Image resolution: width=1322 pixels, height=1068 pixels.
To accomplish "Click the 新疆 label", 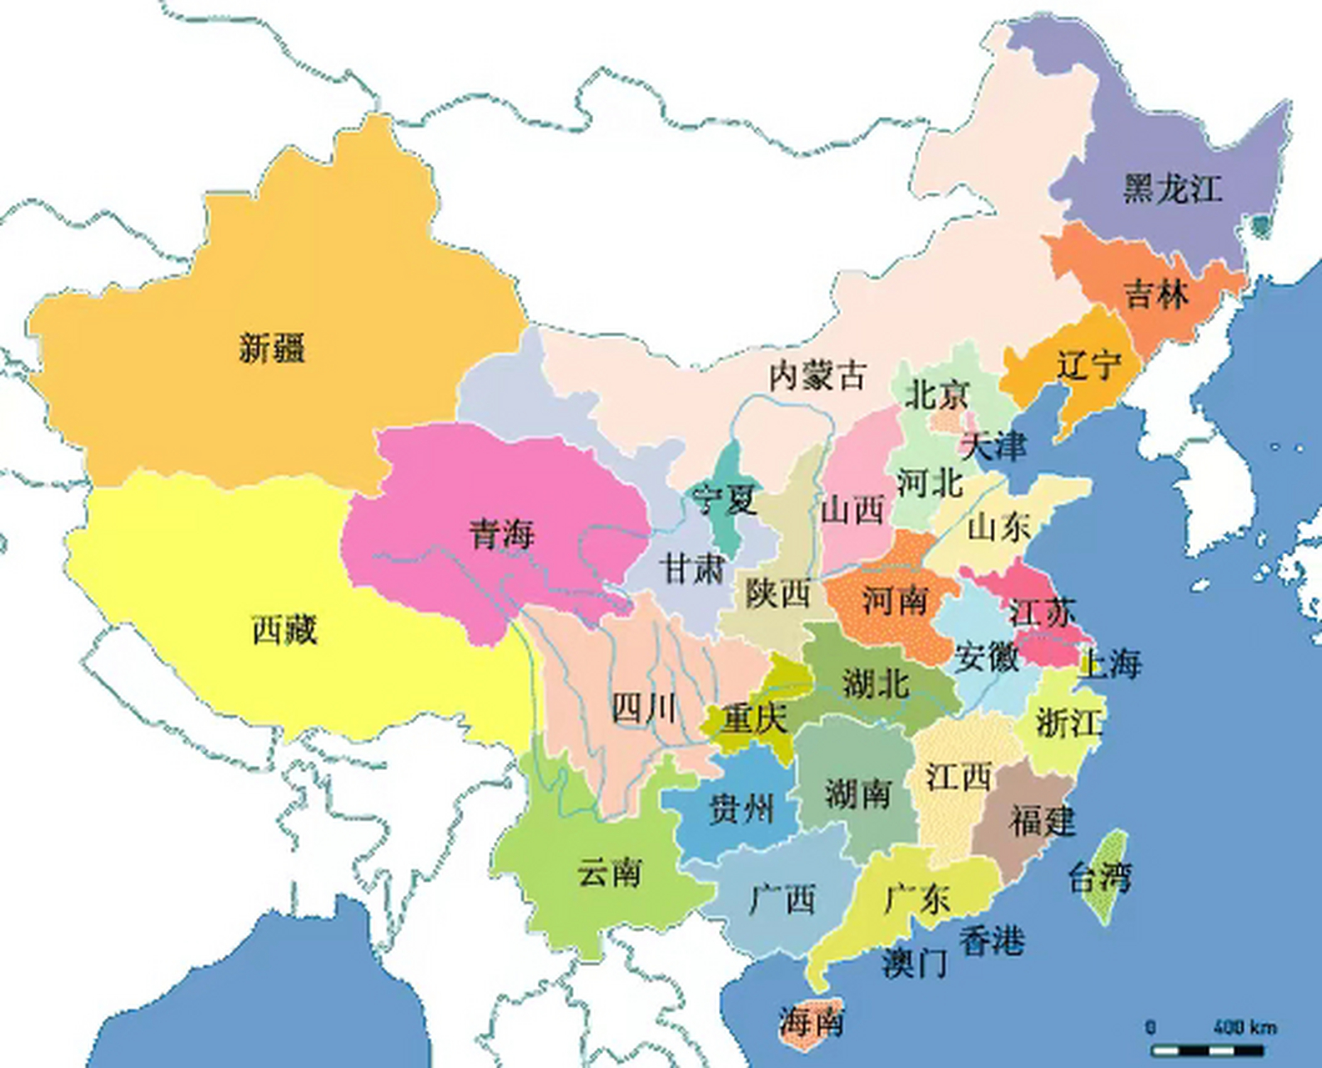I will tap(272, 347).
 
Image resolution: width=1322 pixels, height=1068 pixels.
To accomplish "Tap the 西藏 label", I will tap(284, 630).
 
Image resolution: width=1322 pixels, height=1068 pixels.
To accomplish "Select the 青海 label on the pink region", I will tap(500, 533).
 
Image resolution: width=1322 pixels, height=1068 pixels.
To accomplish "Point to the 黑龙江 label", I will tap(1172, 189).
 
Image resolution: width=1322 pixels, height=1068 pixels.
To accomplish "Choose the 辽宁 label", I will tap(1088, 365).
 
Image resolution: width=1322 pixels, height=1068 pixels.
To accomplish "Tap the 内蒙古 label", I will tap(817, 375).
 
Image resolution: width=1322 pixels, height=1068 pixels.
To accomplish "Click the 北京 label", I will tap(937, 395).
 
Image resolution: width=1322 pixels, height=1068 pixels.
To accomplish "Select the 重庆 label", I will tap(755, 719).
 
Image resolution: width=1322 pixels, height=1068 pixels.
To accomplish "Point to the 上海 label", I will tap(1110, 664).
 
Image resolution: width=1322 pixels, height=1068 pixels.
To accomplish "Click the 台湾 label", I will tap(1100, 877).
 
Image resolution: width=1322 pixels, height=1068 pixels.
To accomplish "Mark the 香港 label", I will tap(991, 941).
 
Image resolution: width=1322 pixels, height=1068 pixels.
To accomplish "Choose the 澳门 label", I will tap(915, 964).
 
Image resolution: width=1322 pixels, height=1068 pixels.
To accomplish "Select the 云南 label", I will tap(609, 873).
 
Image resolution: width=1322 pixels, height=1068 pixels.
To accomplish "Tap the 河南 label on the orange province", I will tap(894, 599).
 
